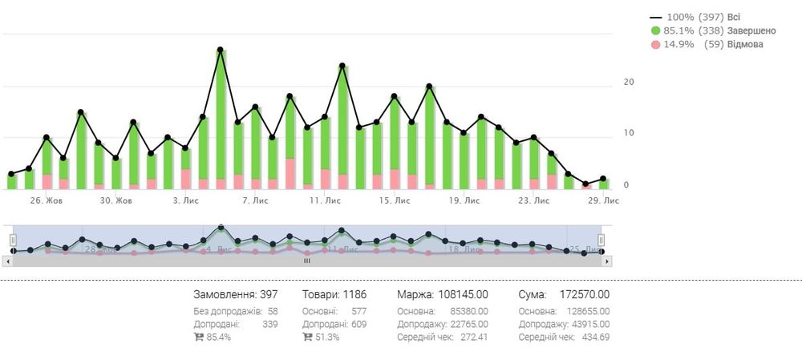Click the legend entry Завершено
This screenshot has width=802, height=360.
[729, 30]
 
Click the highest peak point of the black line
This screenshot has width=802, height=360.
[220, 50]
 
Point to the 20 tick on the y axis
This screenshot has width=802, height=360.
[629, 82]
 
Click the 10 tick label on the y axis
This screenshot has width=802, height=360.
[629, 133]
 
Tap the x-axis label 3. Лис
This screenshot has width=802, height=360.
[186, 200]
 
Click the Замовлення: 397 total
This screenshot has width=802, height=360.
[236, 295]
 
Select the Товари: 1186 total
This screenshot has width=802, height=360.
[333, 295]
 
